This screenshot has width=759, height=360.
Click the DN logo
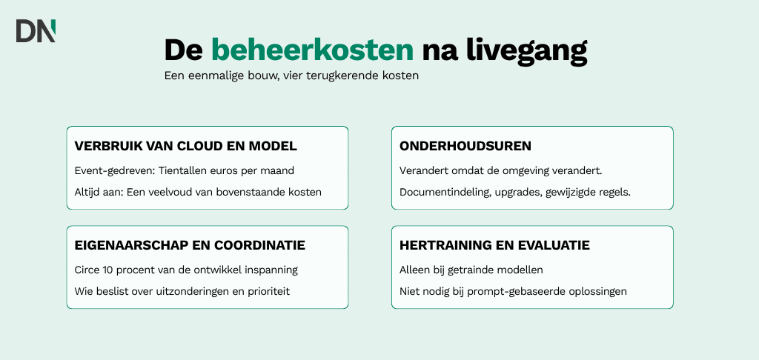pyautogui.click(x=36, y=31)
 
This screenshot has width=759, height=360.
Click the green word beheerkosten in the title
pyautogui.click(x=313, y=50)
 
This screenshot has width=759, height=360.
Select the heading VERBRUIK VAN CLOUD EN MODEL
pyautogui.click(x=186, y=146)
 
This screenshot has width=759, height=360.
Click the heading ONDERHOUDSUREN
pyautogui.click(x=465, y=146)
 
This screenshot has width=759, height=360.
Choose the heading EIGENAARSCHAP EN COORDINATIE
pyautogui.click(x=190, y=245)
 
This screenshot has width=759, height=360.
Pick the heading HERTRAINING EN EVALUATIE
pyautogui.click(x=494, y=245)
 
